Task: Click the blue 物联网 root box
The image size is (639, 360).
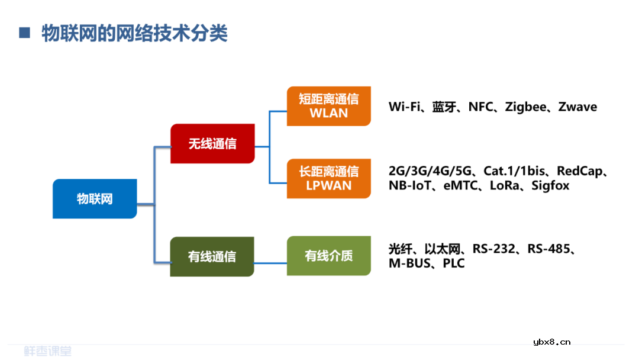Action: point(95,199)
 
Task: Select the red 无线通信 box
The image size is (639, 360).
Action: point(212,144)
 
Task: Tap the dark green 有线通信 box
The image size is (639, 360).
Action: point(212,256)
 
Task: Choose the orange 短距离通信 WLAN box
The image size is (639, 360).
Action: point(329,106)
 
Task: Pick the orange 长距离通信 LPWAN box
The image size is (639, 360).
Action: point(329,178)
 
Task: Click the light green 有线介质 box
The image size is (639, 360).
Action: point(329,256)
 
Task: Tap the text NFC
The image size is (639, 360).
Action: point(480,107)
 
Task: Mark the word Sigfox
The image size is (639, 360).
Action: point(550,186)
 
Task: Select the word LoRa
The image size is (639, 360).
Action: point(504,186)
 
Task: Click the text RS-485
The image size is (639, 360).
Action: point(549,249)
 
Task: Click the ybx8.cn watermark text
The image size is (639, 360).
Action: point(551,342)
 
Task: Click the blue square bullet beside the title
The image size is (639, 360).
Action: point(24,33)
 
